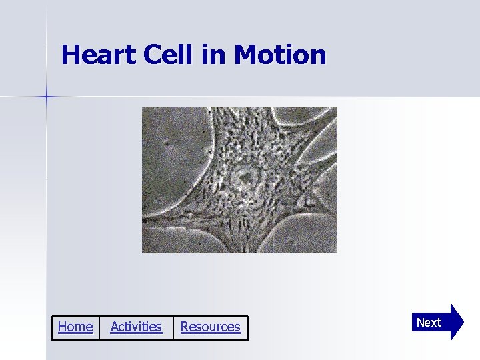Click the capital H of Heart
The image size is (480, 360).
(x=70, y=55)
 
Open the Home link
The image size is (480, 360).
(x=75, y=327)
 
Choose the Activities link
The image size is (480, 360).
(x=135, y=327)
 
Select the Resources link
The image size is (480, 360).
(x=210, y=327)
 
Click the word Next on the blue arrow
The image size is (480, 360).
(x=429, y=323)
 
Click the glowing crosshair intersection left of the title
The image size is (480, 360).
(x=46, y=97)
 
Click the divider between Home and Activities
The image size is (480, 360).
(x=99, y=327)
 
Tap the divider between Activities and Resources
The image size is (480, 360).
(x=173, y=327)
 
